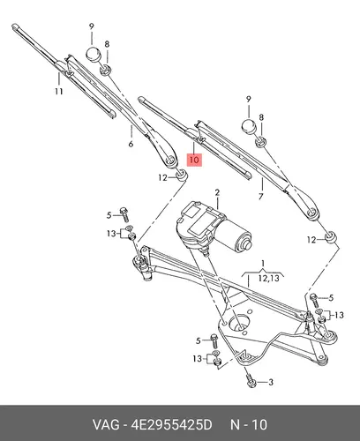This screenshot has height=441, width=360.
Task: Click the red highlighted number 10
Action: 194,160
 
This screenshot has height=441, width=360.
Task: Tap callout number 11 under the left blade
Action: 59,92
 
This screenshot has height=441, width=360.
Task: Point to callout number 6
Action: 131,144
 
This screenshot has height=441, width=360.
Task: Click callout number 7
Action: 261,196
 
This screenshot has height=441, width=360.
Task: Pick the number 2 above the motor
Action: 217,192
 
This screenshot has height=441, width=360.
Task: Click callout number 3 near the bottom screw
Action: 271,382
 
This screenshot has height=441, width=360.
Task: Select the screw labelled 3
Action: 251,380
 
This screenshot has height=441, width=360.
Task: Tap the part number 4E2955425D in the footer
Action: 171,425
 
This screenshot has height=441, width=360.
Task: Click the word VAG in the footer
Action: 106,425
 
